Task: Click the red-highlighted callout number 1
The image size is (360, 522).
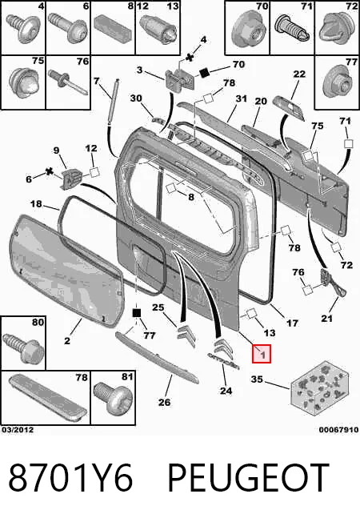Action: pos(262,354)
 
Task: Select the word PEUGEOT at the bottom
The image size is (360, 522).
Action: pos(249,478)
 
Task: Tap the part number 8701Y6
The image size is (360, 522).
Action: pos(70,478)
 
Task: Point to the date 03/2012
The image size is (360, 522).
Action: pos(18,430)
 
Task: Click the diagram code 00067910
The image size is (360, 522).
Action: pos(338,430)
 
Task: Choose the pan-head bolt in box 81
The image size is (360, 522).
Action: pos(113,398)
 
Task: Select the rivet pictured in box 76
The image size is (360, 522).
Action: pos(68,82)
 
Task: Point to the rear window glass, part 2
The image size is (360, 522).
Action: pos(66,270)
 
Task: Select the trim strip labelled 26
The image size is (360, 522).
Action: pos(157,356)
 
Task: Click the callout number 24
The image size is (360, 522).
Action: pos(226,390)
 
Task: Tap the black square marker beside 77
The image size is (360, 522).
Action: pos(137,313)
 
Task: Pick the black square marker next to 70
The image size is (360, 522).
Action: pos(204,72)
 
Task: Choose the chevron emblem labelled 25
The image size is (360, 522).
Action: pos(186,335)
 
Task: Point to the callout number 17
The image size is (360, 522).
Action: pos(292,323)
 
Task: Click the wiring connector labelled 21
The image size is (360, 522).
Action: pos(332,282)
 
